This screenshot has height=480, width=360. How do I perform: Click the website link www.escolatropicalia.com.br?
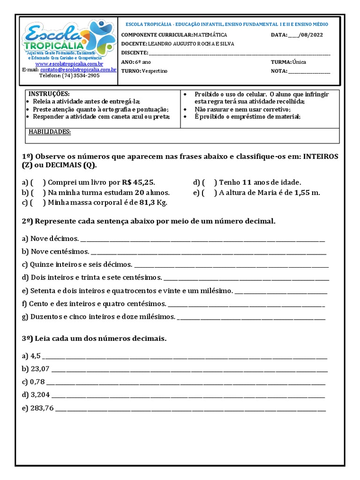(x=69, y=64)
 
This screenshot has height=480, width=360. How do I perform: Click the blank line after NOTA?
(x=309, y=71)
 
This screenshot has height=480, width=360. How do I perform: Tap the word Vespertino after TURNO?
(x=154, y=71)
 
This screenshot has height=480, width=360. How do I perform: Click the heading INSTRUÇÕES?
(x=49, y=94)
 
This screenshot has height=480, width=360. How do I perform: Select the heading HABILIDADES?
(x=50, y=132)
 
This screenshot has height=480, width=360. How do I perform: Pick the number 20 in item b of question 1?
(x=139, y=193)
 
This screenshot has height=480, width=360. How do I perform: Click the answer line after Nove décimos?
(x=202, y=239)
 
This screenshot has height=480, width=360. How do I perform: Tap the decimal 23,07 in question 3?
(x=40, y=368)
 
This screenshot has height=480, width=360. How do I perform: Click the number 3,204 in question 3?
(x=40, y=394)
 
